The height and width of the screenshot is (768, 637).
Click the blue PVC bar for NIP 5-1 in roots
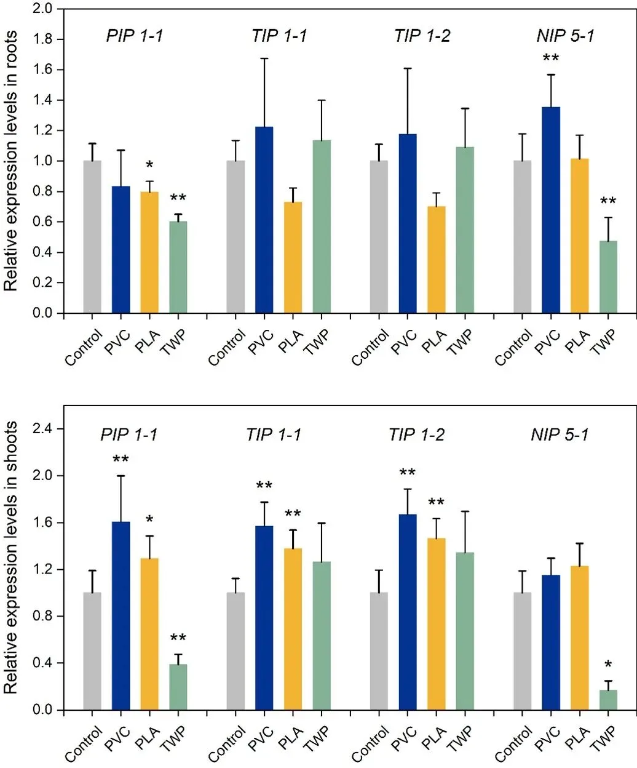click(x=551, y=210)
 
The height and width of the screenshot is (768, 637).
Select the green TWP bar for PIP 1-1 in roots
click(x=178, y=267)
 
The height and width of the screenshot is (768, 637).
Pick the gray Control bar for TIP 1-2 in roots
click(x=379, y=237)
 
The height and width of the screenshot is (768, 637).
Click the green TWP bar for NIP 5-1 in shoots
click(x=608, y=700)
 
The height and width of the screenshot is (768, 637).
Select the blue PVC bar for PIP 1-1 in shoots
click(x=121, y=615)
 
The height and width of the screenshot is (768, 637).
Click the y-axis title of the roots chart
click(x=11, y=161)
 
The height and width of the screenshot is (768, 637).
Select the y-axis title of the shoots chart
click(x=11, y=558)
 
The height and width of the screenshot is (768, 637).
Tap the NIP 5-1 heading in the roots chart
click(x=565, y=36)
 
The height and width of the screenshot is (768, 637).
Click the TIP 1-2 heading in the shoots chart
click(x=416, y=435)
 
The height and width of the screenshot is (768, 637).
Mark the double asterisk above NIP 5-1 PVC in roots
click(x=550, y=58)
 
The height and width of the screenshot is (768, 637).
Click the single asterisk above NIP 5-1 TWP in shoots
click(x=608, y=665)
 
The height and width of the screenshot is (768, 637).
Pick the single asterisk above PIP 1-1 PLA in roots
click(x=149, y=165)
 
